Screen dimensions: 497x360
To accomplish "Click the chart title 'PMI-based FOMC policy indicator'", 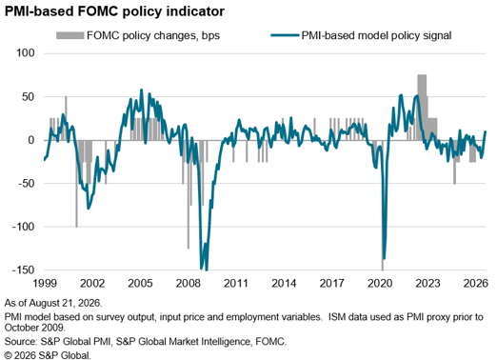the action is pyautogui.click(x=114, y=11).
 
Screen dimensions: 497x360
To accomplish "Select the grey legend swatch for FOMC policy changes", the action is pyautogui.click(x=70, y=35).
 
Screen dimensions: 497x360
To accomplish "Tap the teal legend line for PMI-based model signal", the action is pyautogui.click(x=285, y=35).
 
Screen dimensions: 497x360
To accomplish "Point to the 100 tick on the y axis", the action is pyautogui.click(x=26, y=52).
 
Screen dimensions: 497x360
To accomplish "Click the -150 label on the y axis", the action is pyautogui.click(x=24, y=270).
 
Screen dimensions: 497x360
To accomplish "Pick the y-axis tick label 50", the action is pyautogui.click(x=29, y=97).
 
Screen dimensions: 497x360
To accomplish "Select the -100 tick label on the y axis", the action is pyautogui.click(x=24, y=227).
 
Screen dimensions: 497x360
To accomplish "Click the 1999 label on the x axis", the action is pyautogui.click(x=45, y=283).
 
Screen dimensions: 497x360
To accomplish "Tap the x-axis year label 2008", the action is pyautogui.click(x=189, y=283).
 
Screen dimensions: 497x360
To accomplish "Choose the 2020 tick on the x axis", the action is pyautogui.click(x=380, y=283).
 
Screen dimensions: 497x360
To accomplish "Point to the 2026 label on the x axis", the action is pyautogui.click(x=475, y=283).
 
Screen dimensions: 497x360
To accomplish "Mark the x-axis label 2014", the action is pyautogui.click(x=284, y=283).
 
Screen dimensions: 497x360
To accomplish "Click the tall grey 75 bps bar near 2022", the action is pyautogui.click(x=422, y=108).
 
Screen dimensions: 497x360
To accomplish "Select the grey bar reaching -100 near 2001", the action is pyautogui.click(x=76, y=184).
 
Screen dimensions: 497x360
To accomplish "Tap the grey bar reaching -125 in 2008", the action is pyautogui.click(x=189, y=194).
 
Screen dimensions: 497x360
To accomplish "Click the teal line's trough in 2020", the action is pyautogui.click(x=384, y=259).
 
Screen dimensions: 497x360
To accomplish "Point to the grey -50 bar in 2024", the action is pyautogui.click(x=454, y=162).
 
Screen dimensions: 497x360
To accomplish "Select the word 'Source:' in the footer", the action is pyautogui.click(x=21, y=342).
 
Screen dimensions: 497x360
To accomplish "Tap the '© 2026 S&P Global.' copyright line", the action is pyautogui.click(x=48, y=355).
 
